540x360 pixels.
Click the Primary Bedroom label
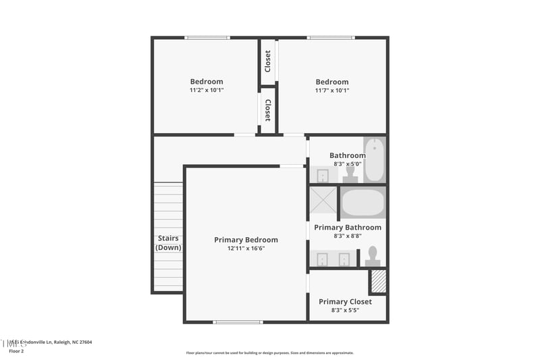point(246,240)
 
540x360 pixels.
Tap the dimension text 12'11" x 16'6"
point(246,249)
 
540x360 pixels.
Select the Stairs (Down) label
point(168,242)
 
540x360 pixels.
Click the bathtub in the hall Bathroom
point(374,159)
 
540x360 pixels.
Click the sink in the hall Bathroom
point(323,176)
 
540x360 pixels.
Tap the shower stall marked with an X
point(323,201)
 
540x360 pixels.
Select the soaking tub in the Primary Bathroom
point(362,202)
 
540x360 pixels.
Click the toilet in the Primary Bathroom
point(372,257)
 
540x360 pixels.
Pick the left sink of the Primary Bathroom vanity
point(322,259)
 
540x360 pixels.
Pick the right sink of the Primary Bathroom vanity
point(344,259)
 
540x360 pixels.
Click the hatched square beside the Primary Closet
point(379,282)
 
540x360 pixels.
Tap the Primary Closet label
point(345,302)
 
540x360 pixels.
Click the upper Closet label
point(268,61)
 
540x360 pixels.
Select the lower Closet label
point(268,110)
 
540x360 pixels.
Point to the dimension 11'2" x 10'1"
point(206,90)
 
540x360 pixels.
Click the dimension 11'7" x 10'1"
point(332,90)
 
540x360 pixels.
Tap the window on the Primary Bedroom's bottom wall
point(238,322)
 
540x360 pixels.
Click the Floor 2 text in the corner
point(16,351)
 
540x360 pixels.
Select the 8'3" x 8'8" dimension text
point(348,236)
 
